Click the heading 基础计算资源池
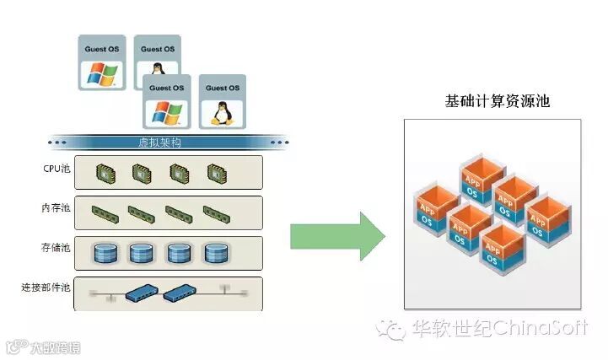pyautogui.click(x=497, y=101)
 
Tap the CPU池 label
pyautogui.click(x=57, y=169)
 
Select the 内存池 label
pyautogui.click(x=57, y=207)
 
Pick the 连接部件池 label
pyautogui.click(x=48, y=287)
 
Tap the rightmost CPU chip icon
pyautogui.click(x=218, y=174)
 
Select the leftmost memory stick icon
pyautogui.click(x=102, y=212)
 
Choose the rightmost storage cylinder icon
pyautogui.click(x=216, y=253)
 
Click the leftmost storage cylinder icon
pyautogui.click(x=104, y=253)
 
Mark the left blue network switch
pyautogui.click(x=140, y=293)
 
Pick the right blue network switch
pyautogui.click(x=180, y=293)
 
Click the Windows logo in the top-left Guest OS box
pyautogui.click(x=101, y=74)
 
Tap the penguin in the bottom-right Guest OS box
pyautogui.click(x=223, y=113)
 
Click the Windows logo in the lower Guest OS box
pyautogui.click(x=166, y=113)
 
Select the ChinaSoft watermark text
pyautogui.click(x=540, y=327)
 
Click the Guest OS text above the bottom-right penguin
pyautogui.click(x=223, y=88)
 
